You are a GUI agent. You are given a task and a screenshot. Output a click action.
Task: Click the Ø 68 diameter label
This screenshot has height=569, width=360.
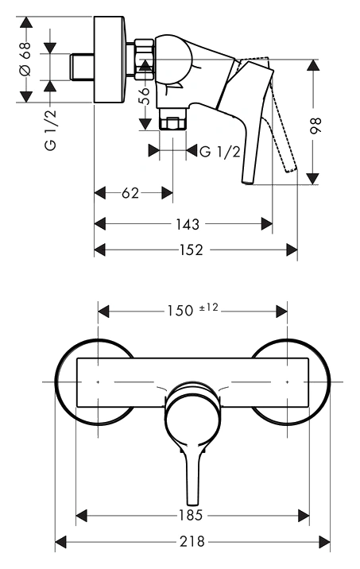pyautogui.click(x=25, y=59)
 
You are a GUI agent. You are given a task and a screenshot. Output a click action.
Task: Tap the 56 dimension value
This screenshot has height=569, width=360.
pyautogui.click(x=145, y=96)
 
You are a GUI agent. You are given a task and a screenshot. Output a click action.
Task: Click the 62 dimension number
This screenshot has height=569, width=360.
pyautogui.click(x=130, y=193)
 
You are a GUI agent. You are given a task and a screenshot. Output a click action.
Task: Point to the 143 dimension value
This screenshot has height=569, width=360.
pyautogui.click(x=188, y=224)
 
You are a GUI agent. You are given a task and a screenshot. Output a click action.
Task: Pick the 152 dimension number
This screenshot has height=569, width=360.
pyautogui.click(x=192, y=250)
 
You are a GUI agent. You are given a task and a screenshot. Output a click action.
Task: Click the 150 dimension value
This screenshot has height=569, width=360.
pyautogui.click(x=180, y=311)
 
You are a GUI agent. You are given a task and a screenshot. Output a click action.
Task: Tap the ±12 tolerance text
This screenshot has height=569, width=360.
pyautogui.click(x=209, y=308)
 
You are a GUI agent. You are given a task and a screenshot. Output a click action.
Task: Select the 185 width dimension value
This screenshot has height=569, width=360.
pyautogui.click(x=191, y=515)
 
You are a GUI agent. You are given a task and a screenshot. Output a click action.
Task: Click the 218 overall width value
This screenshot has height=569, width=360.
pyautogui.click(x=192, y=542)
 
